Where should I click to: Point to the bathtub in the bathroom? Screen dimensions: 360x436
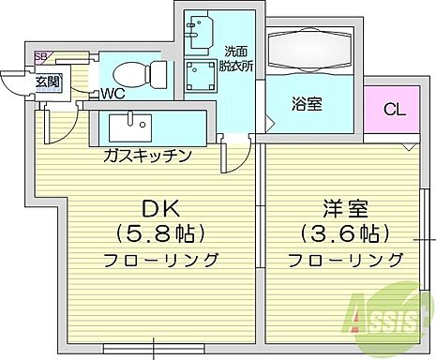(x=308, y=48)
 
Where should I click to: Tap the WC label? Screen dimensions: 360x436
(x=113, y=93)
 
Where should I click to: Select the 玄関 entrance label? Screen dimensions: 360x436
(x=49, y=82)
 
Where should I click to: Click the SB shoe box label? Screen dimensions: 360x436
(x=41, y=57)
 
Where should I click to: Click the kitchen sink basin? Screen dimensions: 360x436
(x=128, y=127)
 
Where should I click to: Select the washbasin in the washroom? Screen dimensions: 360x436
(x=198, y=34)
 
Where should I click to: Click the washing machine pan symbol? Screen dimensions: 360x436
(x=201, y=76)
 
